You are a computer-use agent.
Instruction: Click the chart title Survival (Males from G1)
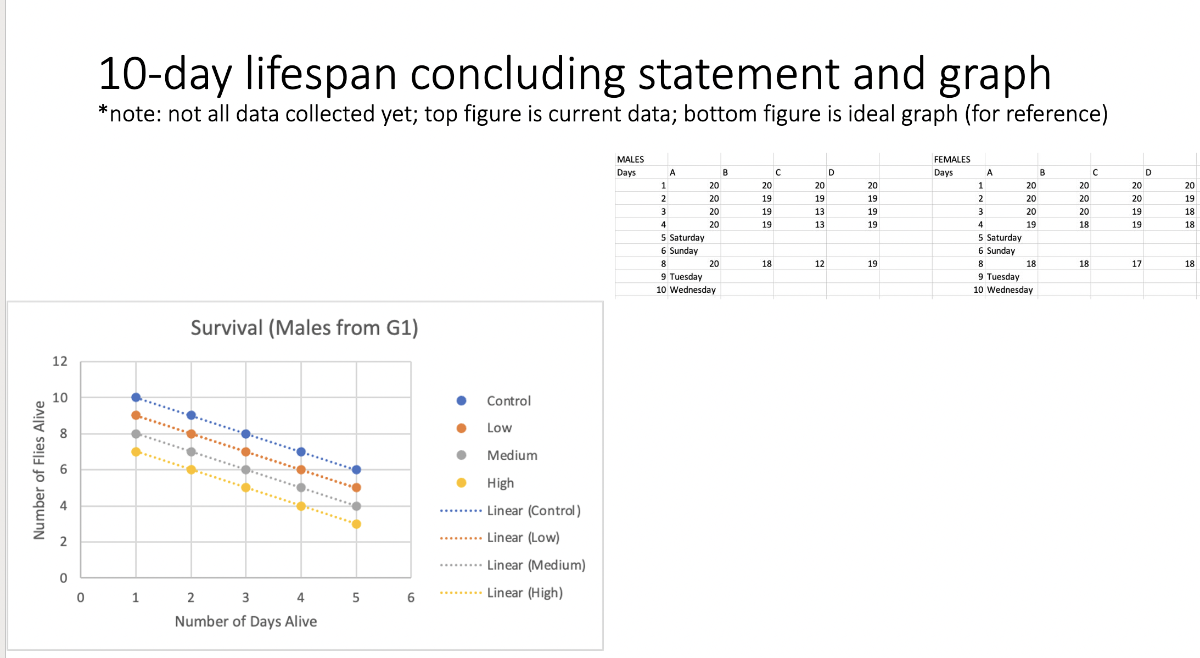tap(304, 328)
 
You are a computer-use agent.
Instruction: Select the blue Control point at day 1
tap(136, 397)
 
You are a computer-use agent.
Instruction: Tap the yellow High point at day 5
tap(356, 524)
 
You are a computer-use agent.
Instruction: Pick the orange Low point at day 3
tap(246, 451)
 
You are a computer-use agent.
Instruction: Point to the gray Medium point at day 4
tap(301, 487)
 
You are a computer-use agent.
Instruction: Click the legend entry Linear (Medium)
tap(536, 565)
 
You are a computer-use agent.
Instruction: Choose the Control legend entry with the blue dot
tap(508, 401)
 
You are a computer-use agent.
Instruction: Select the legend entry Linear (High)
tap(524, 593)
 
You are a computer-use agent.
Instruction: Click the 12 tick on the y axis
tap(60, 361)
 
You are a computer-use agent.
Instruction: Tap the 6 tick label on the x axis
tap(411, 598)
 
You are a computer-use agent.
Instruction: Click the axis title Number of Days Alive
tap(246, 621)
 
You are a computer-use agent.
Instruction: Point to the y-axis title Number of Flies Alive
tap(39, 470)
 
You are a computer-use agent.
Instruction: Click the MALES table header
tap(631, 159)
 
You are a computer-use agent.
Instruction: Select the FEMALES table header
tap(952, 159)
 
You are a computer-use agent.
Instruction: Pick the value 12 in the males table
tap(819, 264)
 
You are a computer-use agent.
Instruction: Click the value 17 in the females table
tap(1136, 264)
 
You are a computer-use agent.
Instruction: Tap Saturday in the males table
tap(687, 237)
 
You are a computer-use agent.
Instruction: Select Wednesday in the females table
tap(1010, 289)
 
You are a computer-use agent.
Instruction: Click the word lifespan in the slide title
tap(321, 74)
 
